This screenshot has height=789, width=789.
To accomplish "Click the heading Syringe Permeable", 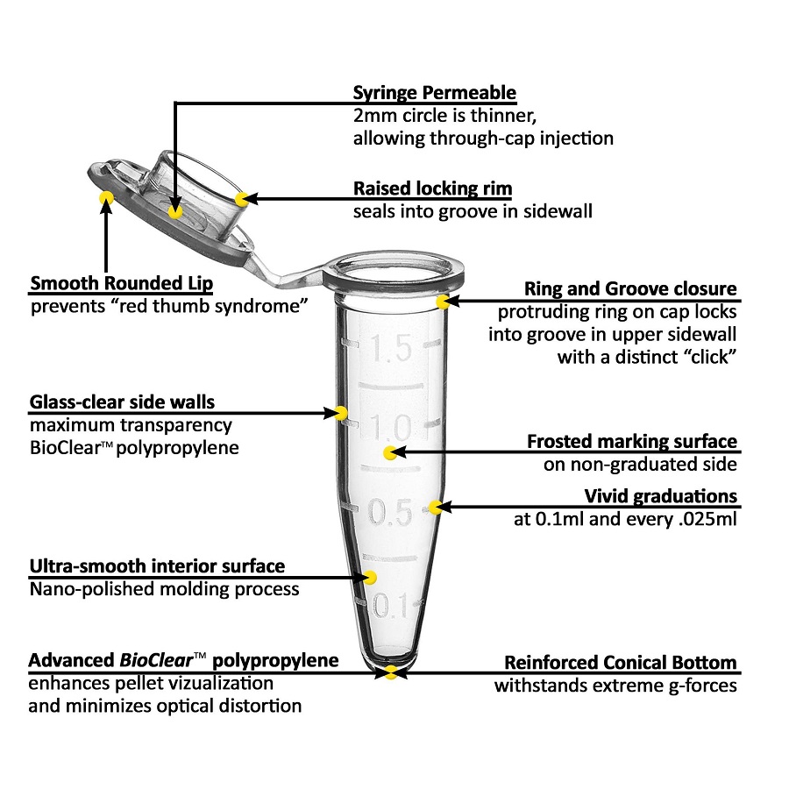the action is coord(434,93).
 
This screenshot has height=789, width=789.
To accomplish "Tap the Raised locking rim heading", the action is coord(433,188).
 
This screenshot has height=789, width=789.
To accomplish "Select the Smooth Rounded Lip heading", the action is coord(122,283).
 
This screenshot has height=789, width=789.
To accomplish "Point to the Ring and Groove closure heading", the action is coord(630,288).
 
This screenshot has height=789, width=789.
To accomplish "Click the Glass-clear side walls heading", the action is coord(122,402).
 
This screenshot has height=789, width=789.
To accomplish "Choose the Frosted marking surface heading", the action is coord(632,441).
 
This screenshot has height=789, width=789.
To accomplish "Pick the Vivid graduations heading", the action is coord(661,496).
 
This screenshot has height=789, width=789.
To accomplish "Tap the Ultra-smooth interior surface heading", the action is coord(158,566).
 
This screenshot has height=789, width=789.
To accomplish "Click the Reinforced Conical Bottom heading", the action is coord(621,663).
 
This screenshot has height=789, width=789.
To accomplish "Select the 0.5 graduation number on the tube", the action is coord(390,512).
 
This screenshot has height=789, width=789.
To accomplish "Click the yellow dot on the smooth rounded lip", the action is coord(106,197).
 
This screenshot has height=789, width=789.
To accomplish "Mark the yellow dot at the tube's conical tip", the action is coord(390,672).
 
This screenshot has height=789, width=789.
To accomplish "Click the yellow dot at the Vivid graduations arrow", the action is coord(435,508).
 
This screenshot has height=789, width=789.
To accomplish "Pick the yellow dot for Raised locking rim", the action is coord(242,199).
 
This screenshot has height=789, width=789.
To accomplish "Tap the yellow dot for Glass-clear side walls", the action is coord(341,413).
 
